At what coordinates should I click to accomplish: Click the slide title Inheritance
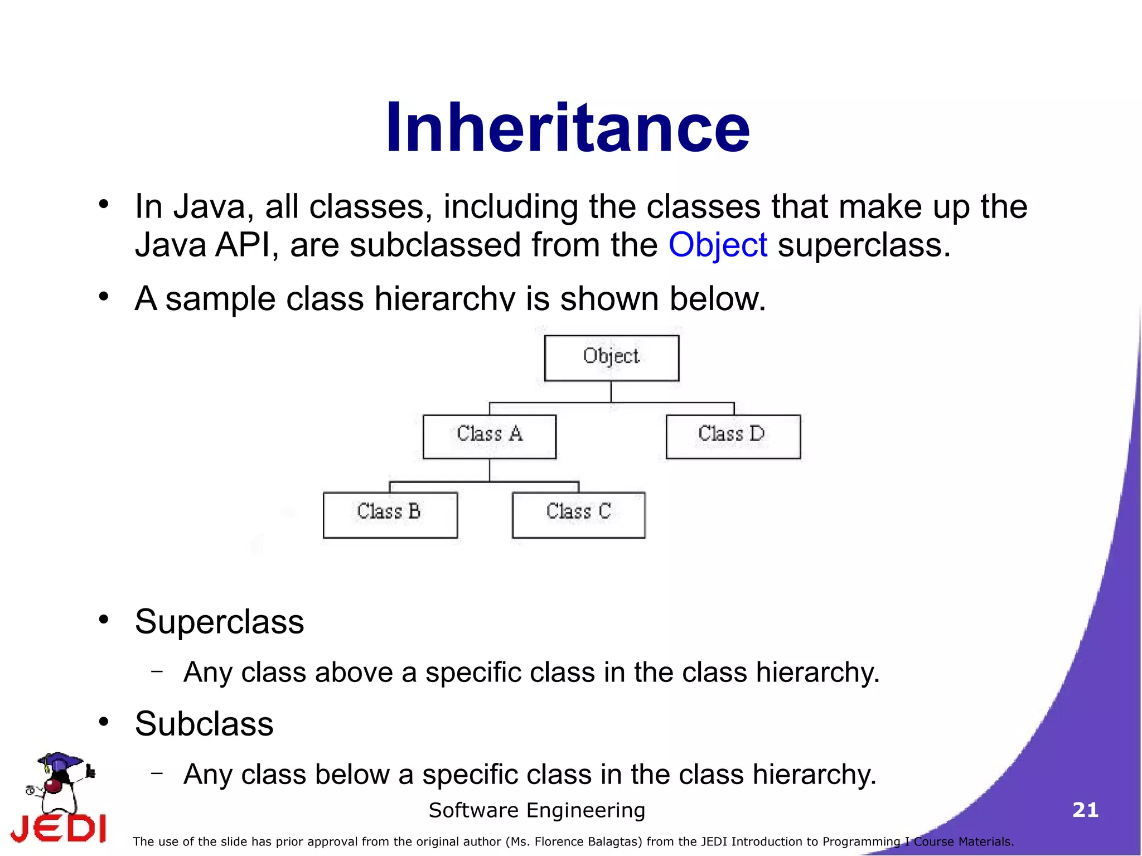click(x=568, y=128)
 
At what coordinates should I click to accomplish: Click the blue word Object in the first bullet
click(x=718, y=245)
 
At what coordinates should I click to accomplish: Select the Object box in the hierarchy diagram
click(x=611, y=357)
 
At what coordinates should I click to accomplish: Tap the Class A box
click(x=489, y=436)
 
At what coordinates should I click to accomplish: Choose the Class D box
click(x=733, y=436)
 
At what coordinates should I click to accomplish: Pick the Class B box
click(x=390, y=514)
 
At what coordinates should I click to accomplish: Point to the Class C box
click(x=578, y=514)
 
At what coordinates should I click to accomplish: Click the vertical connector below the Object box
click(x=611, y=391)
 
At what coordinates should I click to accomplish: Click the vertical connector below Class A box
click(x=490, y=470)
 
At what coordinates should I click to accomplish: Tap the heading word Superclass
click(x=219, y=622)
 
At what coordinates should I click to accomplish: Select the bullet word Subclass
click(x=204, y=724)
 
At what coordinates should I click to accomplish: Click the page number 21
click(x=1085, y=810)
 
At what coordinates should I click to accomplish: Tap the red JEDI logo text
click(x=59, y=828)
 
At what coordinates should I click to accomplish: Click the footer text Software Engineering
click(x=536, y=810)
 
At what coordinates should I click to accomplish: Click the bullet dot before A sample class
click(x=104, y=296)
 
